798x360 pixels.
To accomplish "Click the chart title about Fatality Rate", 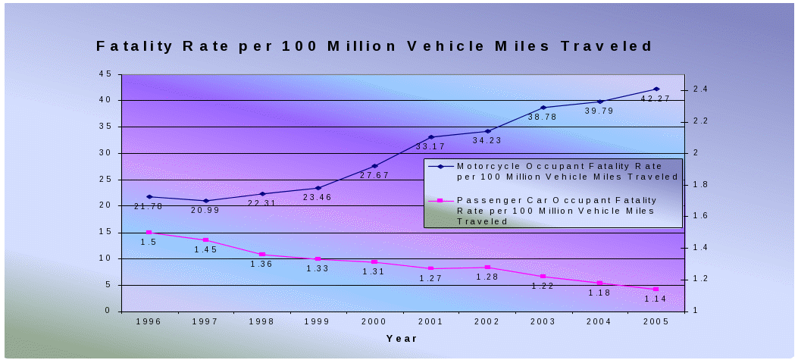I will click(374, 46).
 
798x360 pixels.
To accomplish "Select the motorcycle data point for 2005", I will click(656, 89).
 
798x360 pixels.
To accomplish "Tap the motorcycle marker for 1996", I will click(149, 197).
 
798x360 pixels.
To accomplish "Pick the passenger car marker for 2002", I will click(487, 268).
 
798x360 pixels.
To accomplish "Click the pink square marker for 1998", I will click(262, 255).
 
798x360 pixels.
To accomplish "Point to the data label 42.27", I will click(656, 99).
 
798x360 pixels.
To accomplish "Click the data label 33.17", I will click(431, 146).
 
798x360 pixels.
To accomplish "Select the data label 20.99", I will click(205, 210).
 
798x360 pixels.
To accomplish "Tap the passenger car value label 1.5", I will click(149, 243).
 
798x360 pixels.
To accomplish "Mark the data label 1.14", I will click(655, 299).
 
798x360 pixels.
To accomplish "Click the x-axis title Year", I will click(402, 339).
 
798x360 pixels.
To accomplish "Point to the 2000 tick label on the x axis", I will click(374, 322).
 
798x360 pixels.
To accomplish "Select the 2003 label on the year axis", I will click(543, 322).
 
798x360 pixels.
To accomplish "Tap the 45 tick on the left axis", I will click(105, 74).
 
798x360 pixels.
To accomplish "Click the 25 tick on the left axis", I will click(105, 180).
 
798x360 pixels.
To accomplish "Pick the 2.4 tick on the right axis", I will click(699, 89).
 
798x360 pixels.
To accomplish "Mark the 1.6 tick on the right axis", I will click(699, 216).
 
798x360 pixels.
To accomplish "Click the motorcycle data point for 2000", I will click(374, 166).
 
